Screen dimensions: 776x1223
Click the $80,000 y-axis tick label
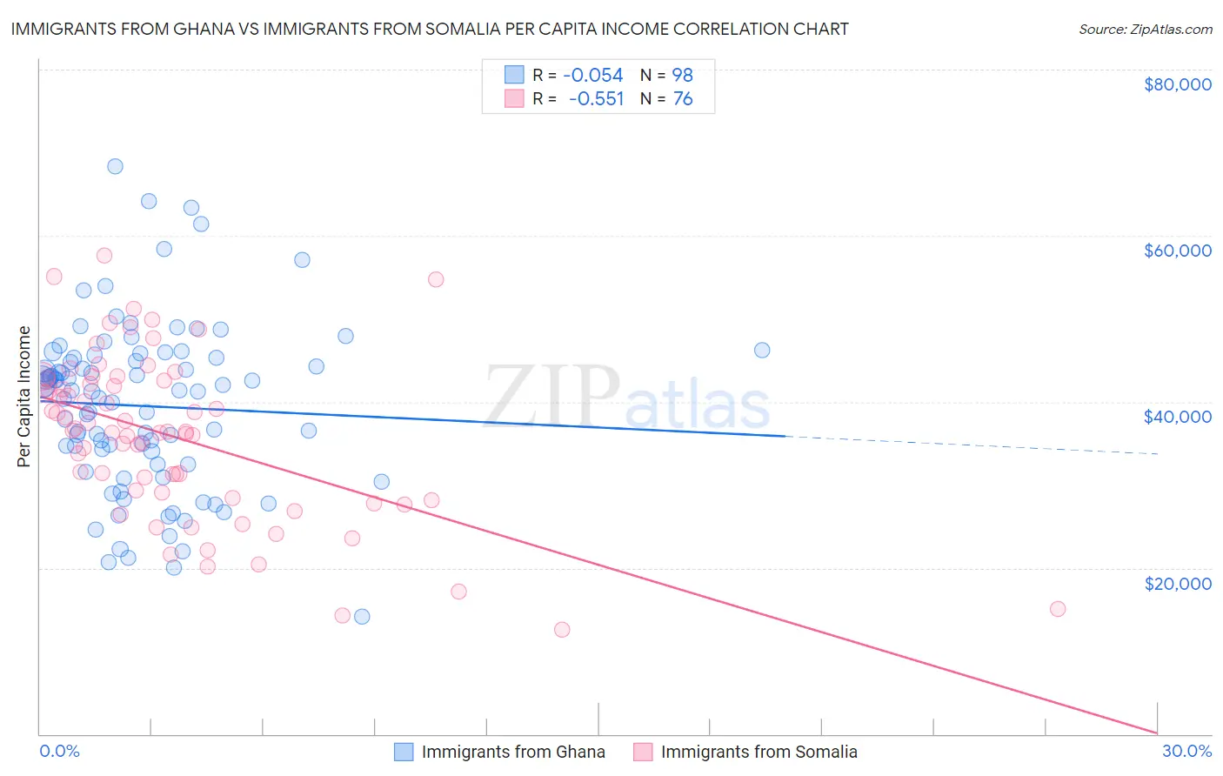pyautogui.click(x=1177, y=84)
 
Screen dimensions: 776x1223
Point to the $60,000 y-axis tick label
pyautogui.click(x=1177, y=251)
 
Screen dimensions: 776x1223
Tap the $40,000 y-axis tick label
pyautogui.click(x=1177, y=417)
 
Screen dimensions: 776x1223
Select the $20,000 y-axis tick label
pyautogui.click(x=1177, y=583)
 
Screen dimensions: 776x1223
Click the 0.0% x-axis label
pyautogui.click(x=59, y=751)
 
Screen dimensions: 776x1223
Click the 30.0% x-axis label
pyautogui.click(x=1186, y=751)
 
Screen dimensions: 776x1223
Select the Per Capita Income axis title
pyautogui.click(x=24, y=396)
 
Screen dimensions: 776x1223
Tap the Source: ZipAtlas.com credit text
pyautogui.click(x=1145, y=29)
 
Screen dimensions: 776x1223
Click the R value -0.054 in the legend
pyautogui.click(x=593, y=75)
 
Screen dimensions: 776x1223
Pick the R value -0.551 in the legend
pyautogui.click(x=596, y=98)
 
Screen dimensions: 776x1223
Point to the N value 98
pyautogui.click(x=682, y=75)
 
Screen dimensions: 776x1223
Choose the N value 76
pyautogui.click(x=683, y=98)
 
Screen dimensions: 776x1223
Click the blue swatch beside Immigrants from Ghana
pyautogui.click(x=404, y=752)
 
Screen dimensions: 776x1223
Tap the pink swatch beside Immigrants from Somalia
pyautogui.click(x=643, y=752)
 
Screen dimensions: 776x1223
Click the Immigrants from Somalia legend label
pyautogui.click(x=759, y=752)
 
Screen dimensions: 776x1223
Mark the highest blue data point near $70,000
pyautogui.click(x=115, y=166)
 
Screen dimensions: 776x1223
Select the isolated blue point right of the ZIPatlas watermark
pyautogui.click(x=762, y=350)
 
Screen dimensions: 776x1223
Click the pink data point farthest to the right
pyautogui.click(x=1058, y=609)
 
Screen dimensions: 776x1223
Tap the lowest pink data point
pyautogui.click(x=562, y=629)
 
